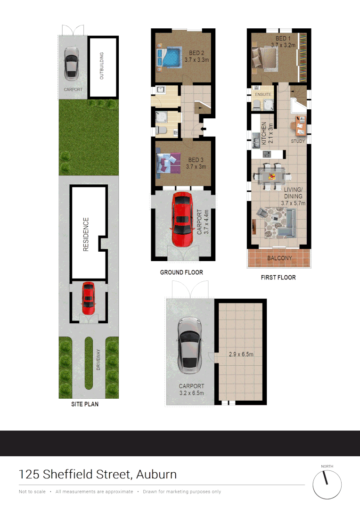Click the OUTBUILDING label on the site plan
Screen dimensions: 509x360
pos(102,66)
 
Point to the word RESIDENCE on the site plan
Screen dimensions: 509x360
pos(86,234)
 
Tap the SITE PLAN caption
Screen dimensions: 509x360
pos(85,404)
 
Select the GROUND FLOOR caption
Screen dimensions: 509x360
pos(181,272)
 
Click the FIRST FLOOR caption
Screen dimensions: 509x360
pos(278,278)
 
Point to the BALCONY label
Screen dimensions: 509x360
pos(279,258)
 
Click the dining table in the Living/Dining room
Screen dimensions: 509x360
pos(271,177)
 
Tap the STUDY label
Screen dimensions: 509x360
pos(298,141)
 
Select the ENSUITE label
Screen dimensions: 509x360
pos(263,95)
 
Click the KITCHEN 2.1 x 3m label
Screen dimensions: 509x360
pos(267,132)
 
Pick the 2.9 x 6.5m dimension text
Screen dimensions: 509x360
pos(240,354)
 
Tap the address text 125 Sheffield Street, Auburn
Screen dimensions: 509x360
pos(98,474)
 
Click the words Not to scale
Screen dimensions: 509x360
pos(32,492)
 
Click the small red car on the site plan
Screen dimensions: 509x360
pos(88,298)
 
